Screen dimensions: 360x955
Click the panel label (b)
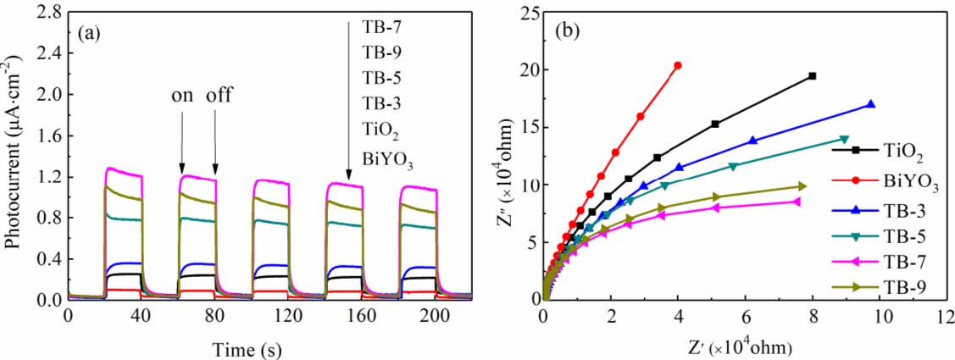point(567,33)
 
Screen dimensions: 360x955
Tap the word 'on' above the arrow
point(182,94)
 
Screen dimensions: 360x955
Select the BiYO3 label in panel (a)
point(386,158)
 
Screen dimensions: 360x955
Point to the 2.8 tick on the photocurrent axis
point(47,13)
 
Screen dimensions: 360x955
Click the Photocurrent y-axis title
point(14,157)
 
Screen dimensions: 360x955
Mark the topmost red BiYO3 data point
point(678,65)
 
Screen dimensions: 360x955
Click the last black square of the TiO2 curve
point(812,76)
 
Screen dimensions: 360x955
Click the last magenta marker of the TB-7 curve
point(797,201)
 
